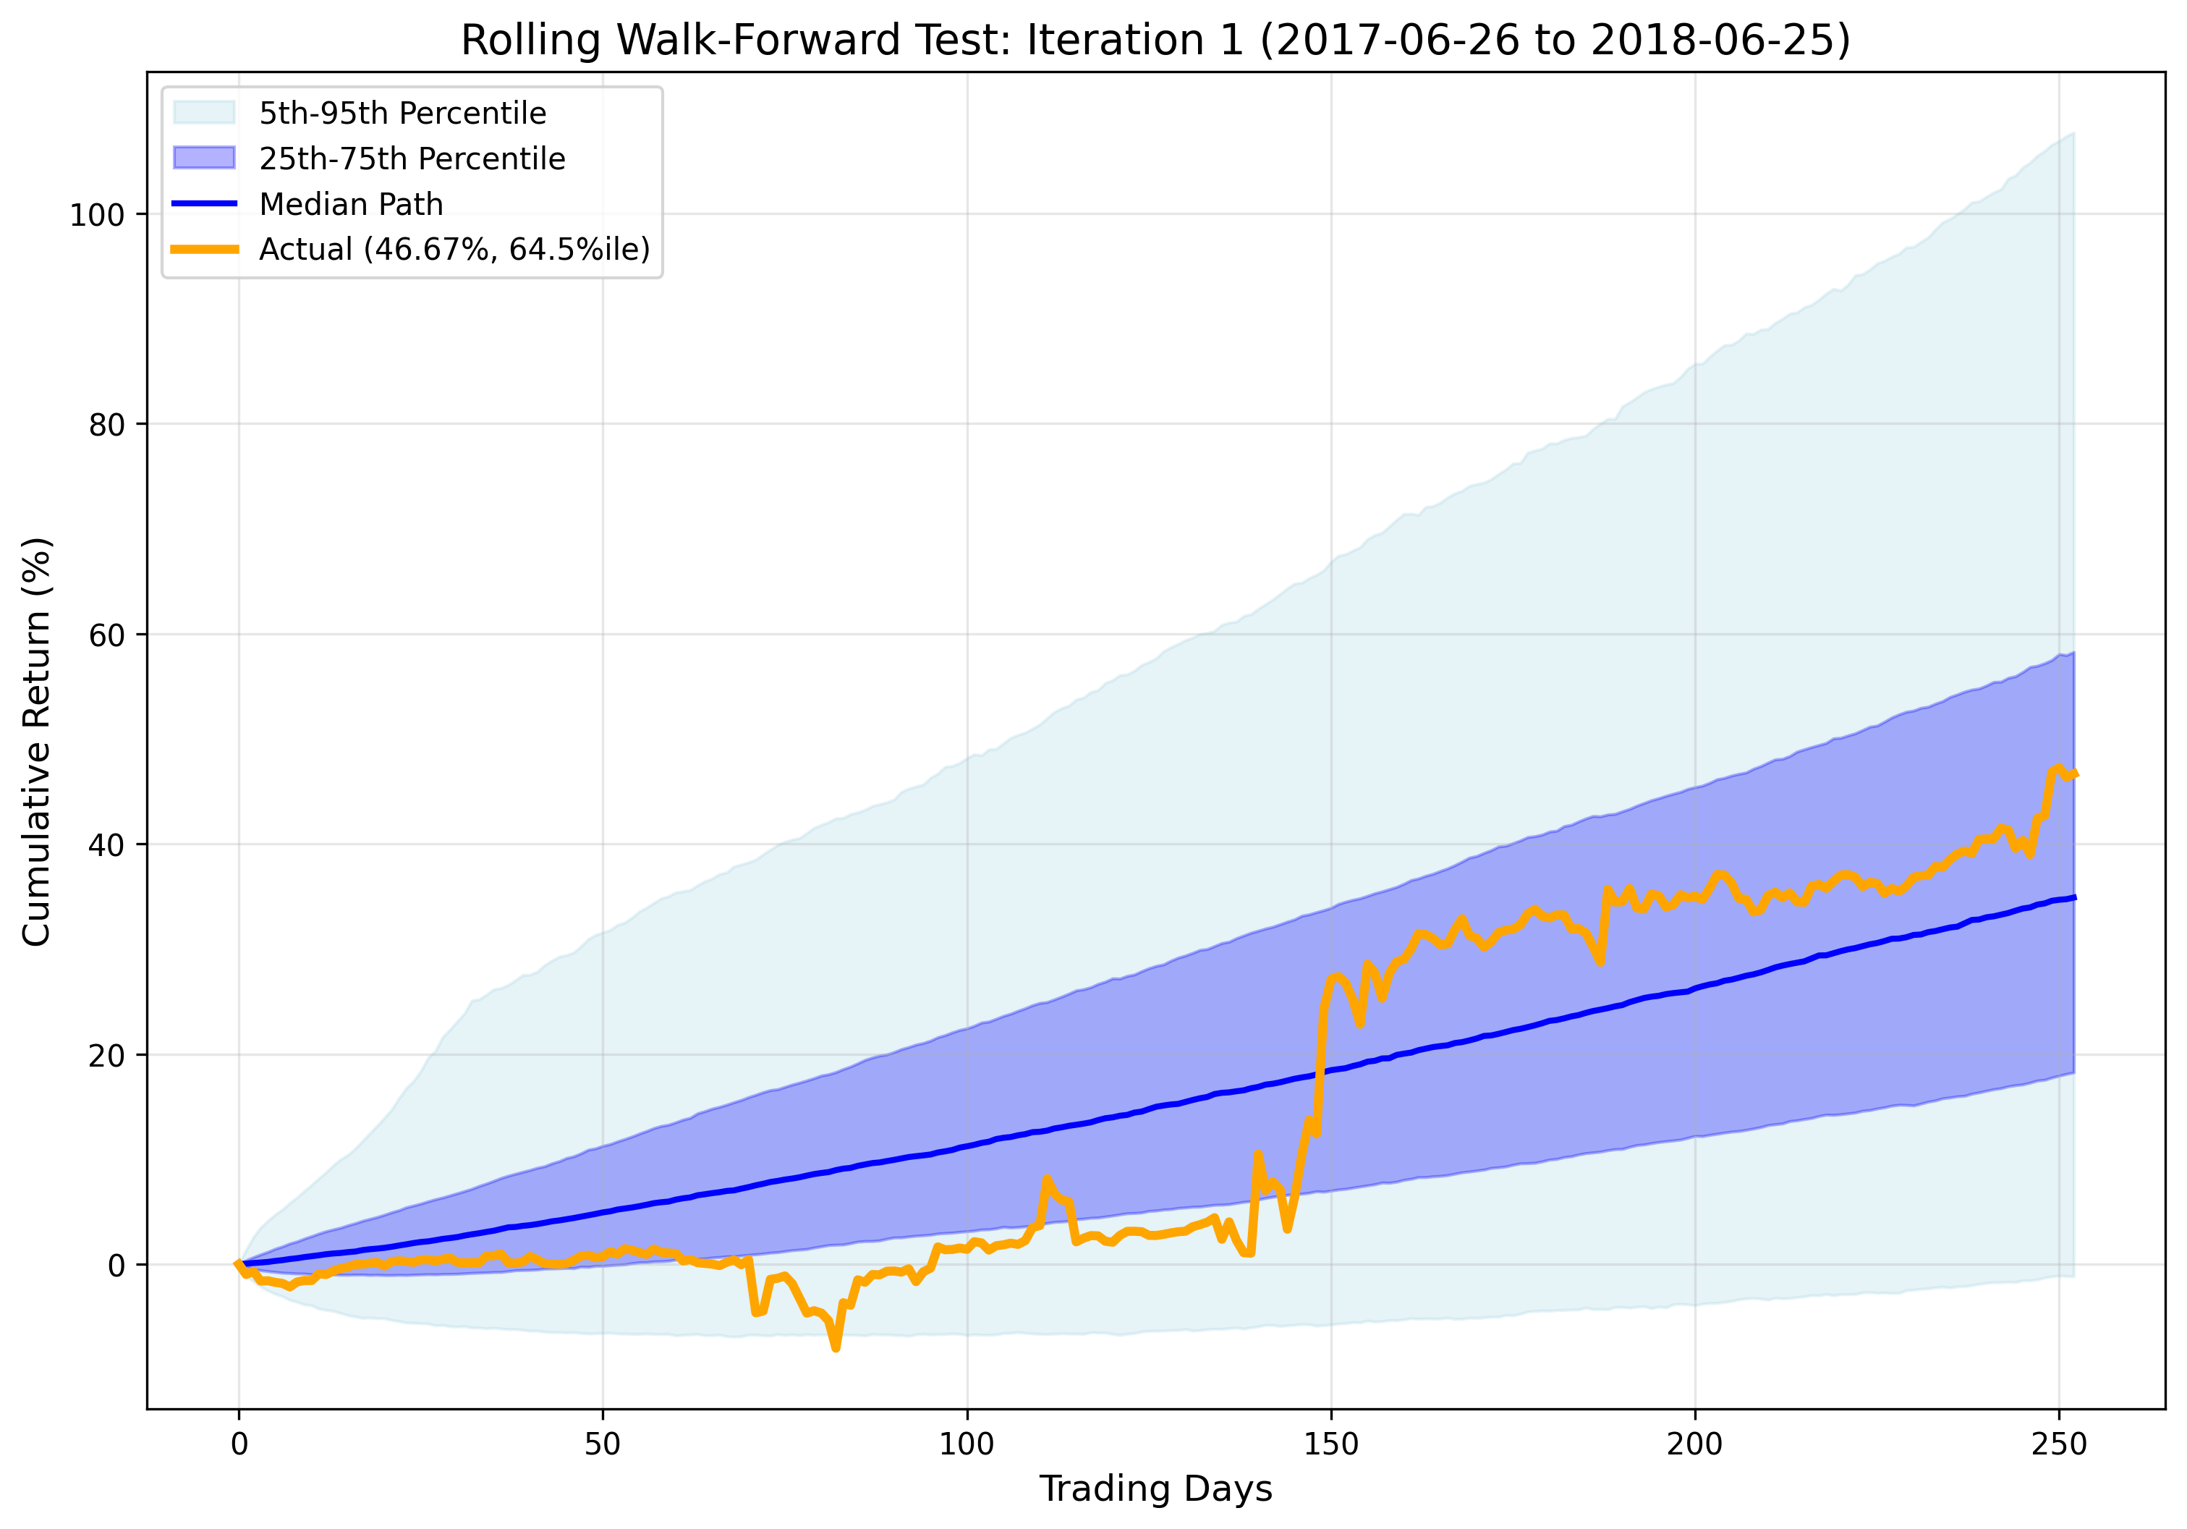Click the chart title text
pyautogui.click(x=1155, y=41)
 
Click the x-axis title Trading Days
pyautogui.click(x=1155, y=1488)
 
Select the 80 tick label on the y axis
pyautogui.click(x=106, y=425)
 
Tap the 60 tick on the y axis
pyautogui.click(x=106, y=635)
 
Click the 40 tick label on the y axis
pyautogui.click(x=106, y=845)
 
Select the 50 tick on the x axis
pyautogui.click(x=603, y=1444)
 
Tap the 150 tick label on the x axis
pyautogui.click(x=1330, y=1444)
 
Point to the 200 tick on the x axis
pyautogui.click(x=1694, y=1444)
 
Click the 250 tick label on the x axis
pyautogui.click(x=2058, y=1444)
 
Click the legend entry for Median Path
pyautogui.click(x=351, y=204)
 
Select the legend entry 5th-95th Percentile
pyautogui.click(x=402, y=114)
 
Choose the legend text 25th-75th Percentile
pyautogui.click(x=412, y=158)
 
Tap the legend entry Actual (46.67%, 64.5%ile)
pyautogui.click(x=454, y=249)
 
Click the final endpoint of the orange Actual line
pyautogui.click(x=2073, y=774)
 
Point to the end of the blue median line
pyautogui.click(x=2073, y=897)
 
